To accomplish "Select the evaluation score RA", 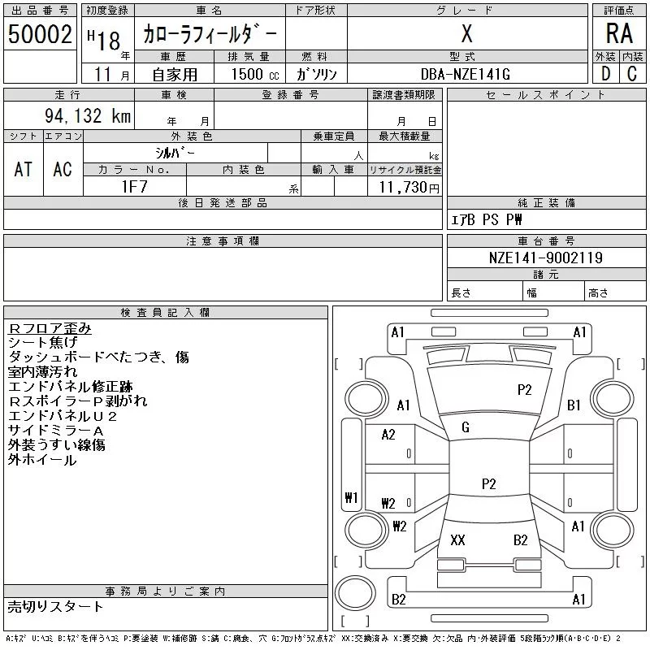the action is point(619,33).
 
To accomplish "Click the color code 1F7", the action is point(135,187).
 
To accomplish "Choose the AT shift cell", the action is point(24,169).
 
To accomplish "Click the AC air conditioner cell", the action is point(63,169).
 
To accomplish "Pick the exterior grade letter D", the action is point(604,74).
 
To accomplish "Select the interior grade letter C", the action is point(632,74).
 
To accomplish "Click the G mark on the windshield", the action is point(466,427).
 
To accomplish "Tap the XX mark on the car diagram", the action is point(457,539).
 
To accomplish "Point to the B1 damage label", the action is point(574,405).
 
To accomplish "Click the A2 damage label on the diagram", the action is point(388,435).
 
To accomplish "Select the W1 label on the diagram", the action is point(351,498).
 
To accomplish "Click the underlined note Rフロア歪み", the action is point(50,328).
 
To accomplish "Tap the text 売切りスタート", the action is point(55,606).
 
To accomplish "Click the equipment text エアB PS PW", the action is point(487,219).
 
